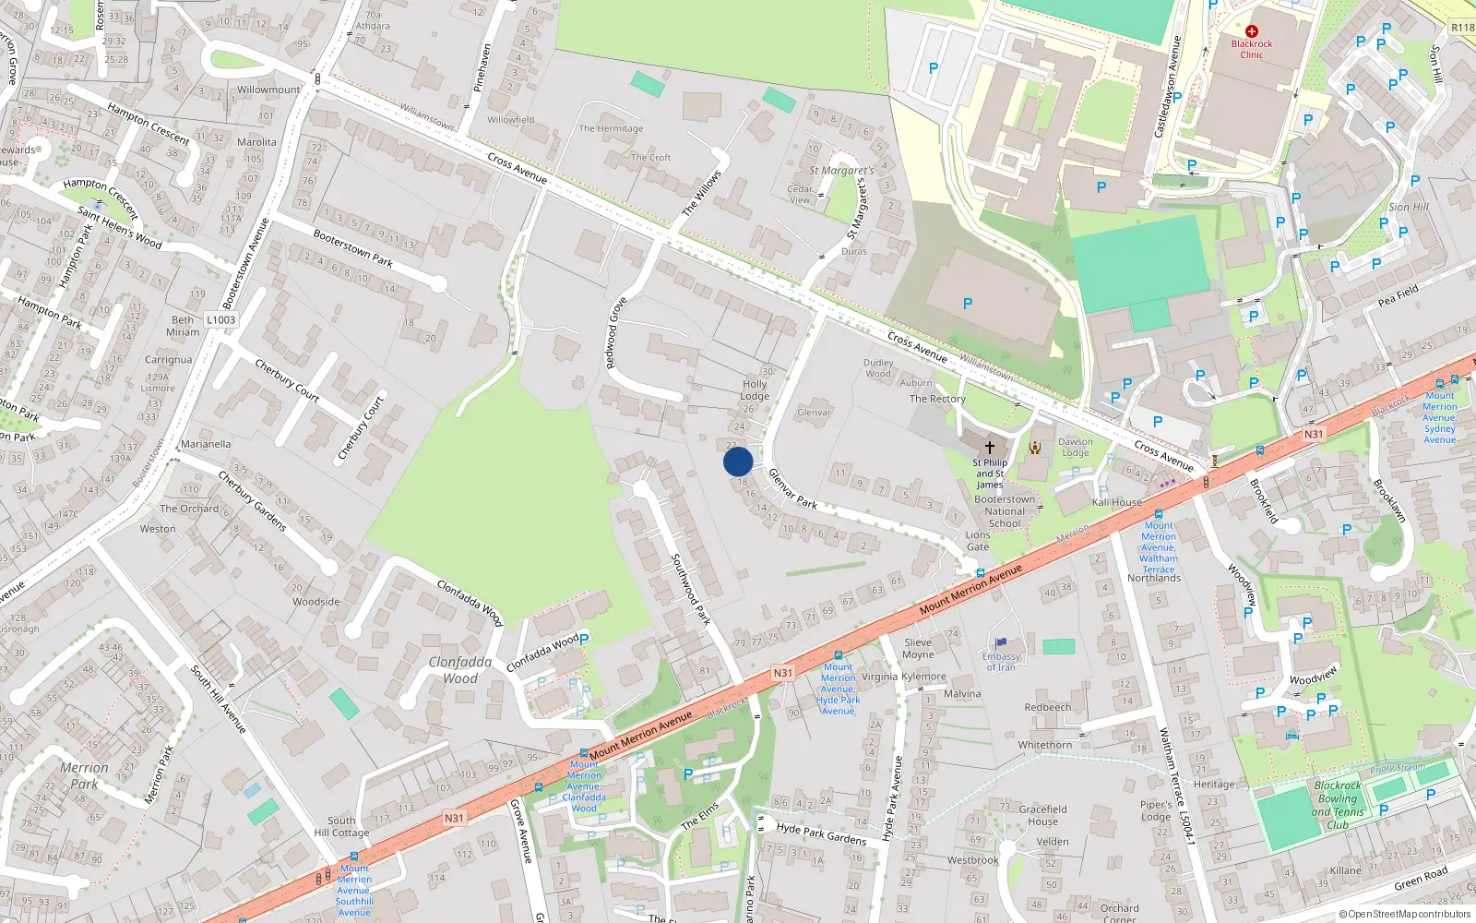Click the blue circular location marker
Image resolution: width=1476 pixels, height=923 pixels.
(738, 461)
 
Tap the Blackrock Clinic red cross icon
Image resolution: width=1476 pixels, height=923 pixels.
(1252, 31)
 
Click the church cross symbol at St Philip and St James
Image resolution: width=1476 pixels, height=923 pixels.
(990, 448)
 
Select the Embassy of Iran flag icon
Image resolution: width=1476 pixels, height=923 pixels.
(1001, 643)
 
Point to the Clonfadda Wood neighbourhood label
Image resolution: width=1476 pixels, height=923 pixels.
(460, 670)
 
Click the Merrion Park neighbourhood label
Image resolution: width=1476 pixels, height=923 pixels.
(84, 775)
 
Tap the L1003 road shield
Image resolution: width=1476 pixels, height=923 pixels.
(221, 320)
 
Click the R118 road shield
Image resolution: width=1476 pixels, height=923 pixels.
(1462, 28)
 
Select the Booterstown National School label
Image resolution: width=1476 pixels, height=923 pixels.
(1005, 511)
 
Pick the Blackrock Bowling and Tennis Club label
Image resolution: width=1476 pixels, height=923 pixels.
(1338, 805)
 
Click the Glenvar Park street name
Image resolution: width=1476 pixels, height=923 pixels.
(793, 488)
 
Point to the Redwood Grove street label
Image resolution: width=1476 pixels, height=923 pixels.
(616, 333)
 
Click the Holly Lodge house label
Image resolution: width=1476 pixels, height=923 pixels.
(755, 390)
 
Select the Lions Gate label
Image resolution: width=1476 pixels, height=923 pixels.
(978, 541)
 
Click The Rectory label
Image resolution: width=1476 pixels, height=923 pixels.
(937, 399)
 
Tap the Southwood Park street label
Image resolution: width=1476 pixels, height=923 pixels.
(690, 589)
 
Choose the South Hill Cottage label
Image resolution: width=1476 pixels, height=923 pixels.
(341, 826)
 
